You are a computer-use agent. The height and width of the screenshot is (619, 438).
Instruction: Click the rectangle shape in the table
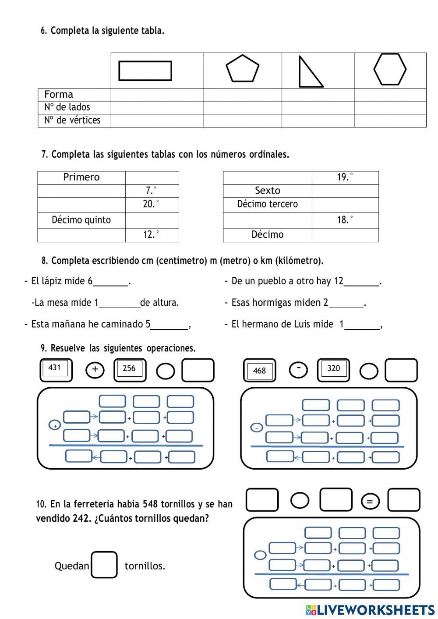click(145, 71)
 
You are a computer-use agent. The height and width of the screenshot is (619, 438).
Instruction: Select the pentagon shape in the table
click(242, 69)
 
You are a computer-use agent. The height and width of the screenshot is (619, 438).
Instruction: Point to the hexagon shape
click(389, 69)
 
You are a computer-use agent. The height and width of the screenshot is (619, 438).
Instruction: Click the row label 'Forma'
click(59, 95)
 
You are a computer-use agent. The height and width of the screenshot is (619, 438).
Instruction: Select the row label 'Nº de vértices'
click(72, 120)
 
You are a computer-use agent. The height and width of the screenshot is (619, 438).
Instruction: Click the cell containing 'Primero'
click(81, 177)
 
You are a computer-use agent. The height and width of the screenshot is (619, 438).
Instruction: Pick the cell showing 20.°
click(152, 204)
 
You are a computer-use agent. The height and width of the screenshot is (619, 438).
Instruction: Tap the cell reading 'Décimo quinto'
click(81, 220)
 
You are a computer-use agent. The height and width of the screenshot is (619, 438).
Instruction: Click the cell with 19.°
click(345, 177)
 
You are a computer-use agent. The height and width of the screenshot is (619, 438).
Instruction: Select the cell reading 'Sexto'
click(267, 191)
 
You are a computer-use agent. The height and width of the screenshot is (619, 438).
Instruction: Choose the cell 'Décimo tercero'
click(267, 204)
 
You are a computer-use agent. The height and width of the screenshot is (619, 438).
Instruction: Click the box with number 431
click(55, 368)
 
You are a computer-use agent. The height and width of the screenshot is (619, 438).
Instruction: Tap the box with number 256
click(129, 369)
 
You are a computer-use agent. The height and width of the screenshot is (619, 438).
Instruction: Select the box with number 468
click(259, 371)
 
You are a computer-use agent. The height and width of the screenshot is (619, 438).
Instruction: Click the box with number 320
click(333, 369)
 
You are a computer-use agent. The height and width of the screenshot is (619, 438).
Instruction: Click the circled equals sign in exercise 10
click(370, 502)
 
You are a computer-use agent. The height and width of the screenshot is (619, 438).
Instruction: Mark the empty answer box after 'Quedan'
click(104, 565)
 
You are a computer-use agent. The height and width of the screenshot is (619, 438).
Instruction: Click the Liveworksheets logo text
click(370, 610)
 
